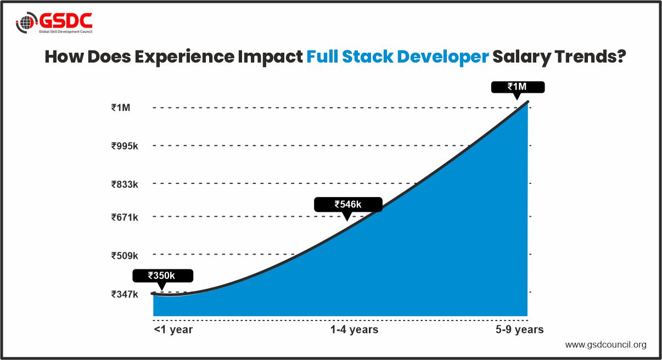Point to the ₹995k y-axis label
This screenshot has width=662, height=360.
[x=125, y=146]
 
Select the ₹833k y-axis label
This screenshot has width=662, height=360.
[x=125, y=184]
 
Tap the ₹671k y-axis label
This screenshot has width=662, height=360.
[x=125, y=217]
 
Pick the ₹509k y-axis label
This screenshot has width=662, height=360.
[x=125, y=255]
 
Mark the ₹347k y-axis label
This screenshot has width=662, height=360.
[x=125, y=294]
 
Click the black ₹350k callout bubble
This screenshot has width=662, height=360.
[x=161, y=275]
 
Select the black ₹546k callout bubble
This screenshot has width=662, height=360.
[x=347, y=204]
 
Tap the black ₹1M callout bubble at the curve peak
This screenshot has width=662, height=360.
[x=518, y=87]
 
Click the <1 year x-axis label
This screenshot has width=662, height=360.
[x=173, y=330]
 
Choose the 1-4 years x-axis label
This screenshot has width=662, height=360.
[x=354, y=330]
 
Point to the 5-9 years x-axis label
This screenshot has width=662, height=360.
[x=519, y=330]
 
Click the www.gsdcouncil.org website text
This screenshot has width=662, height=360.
[x=605, y=345]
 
